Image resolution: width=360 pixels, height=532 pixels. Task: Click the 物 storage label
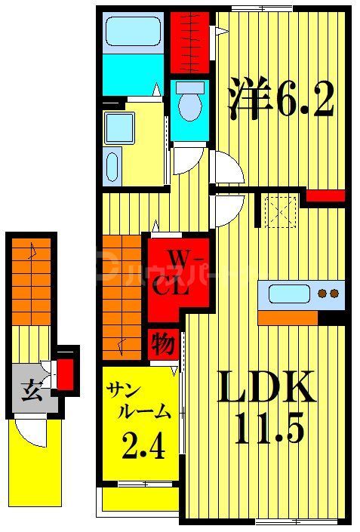(x=165, y=344)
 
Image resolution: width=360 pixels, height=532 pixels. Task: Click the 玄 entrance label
(x=30, y=392)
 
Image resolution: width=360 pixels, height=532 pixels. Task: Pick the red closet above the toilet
(x=189, y=42)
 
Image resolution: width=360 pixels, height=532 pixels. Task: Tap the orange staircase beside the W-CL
(x=122, y=297)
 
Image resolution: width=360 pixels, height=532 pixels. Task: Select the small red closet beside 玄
(x=66, y=371)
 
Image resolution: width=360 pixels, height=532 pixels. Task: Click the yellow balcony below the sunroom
(x=140, y=499)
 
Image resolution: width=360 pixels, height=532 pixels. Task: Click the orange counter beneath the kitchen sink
(x=288, y=317)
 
